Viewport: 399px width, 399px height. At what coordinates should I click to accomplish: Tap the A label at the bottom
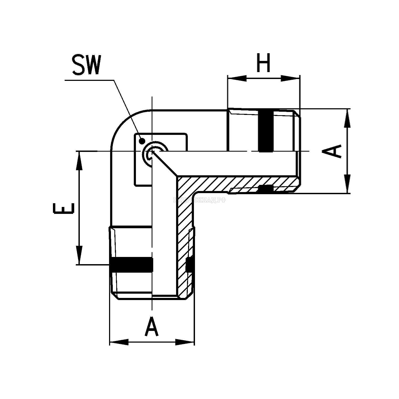pyautogui.click(x=152, y=326)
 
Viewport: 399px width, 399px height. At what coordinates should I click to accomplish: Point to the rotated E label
pyautogui.click(x=63, y=208)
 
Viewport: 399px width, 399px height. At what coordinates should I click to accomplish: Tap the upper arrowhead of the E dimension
pyautogui.click(x=79, y=161)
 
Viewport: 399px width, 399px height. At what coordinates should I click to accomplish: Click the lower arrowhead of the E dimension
pyautogui.click(x=79, y=255)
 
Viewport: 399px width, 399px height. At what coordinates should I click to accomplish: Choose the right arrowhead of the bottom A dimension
pyautogui.click(x=185, y=342)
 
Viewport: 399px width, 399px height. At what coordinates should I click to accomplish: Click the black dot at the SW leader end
pyautogui.click(x=142, y=140)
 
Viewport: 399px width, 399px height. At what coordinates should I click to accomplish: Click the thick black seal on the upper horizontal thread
pyautogui.click(x=266, y=131)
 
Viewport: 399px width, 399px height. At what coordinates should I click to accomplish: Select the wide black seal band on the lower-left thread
pyautogui.click(x=132, y=265)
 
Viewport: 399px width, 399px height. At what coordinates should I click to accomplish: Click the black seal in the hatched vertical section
pyautogui.click(x=189, y=265)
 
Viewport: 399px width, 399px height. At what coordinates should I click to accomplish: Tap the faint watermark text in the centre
pyautogui.click(x=199, y=200)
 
